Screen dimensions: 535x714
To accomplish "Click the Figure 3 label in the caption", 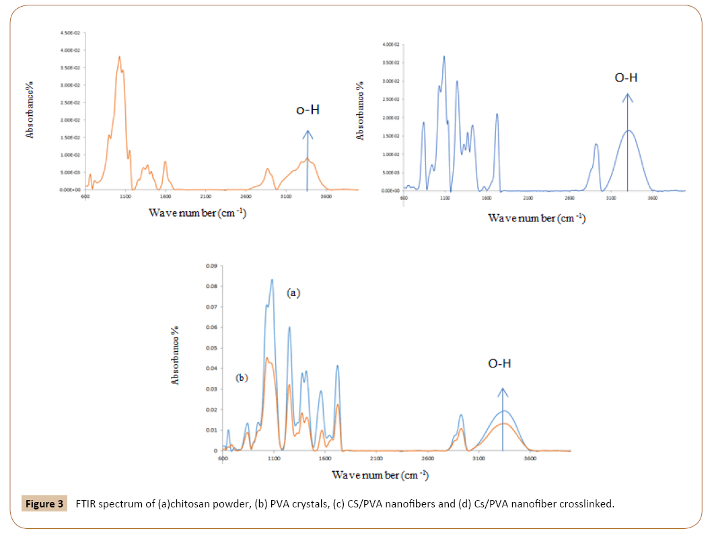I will [x=44, y=503].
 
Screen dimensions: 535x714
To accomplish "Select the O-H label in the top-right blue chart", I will [x=626, y=78].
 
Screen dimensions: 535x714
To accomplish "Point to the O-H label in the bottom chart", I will [x=499, y=364].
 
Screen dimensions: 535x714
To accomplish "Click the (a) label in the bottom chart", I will [x=293, y=293].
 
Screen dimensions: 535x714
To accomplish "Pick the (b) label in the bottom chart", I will [x=242, y=378].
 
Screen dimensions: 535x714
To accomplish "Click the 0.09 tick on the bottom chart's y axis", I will [x=211, y=266].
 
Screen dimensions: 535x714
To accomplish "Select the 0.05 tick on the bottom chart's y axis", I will [x=211, y=348].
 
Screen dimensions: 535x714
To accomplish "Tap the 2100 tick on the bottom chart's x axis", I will [x=376, y=459].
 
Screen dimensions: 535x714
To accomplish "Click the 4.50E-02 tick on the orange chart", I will [x=70, y=33].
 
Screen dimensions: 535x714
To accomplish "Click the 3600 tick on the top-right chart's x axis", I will [x=652, y=199].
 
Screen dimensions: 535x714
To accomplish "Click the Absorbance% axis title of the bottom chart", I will [x=176, y=355].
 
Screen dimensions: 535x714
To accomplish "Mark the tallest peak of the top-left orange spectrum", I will [x=119, y=57].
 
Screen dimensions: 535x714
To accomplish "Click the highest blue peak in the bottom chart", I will [x=272, y=280].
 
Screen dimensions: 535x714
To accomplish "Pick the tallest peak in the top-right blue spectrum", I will [x=444, y=57].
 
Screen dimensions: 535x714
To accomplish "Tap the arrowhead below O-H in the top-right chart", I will [x=627, y=98].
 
